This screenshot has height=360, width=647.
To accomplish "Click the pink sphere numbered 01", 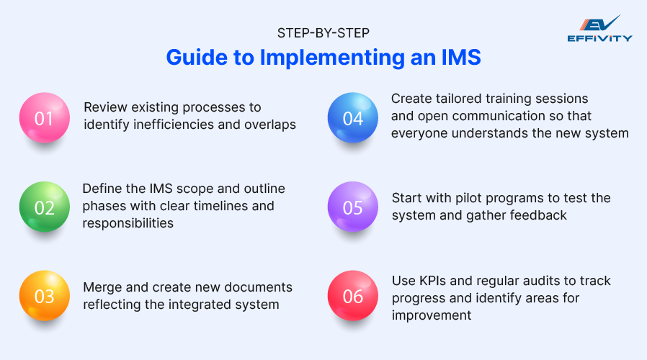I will point(44,117).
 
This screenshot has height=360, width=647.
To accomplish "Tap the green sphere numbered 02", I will point(44,207).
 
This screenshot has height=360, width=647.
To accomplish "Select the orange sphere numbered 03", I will point(44,297).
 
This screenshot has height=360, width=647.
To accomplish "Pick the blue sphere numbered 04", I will point(353,117).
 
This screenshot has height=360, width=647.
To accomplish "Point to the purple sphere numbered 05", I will point(353,207).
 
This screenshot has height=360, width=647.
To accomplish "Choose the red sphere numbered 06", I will point(353,296).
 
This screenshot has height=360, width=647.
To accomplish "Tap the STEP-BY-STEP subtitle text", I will point(322,32).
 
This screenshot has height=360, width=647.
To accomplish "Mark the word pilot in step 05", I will point(468,198).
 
